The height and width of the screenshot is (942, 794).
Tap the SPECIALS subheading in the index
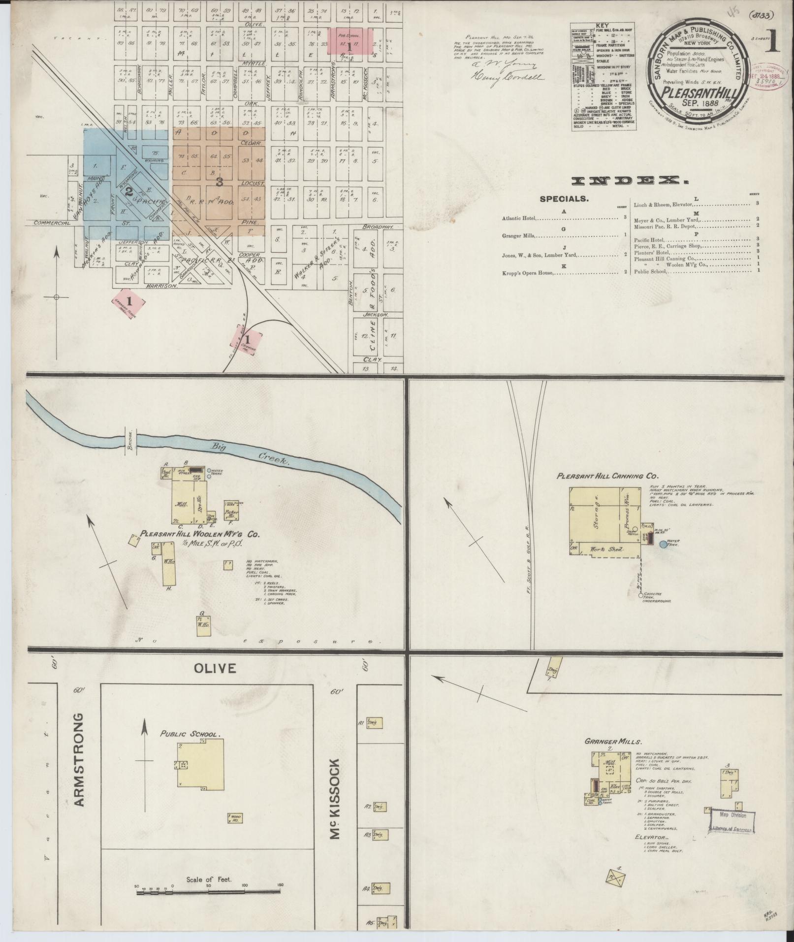click(x=564, y=199)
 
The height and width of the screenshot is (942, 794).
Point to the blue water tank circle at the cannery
click(x=663, y=544)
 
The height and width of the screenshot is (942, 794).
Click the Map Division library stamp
click(x=732, y=820)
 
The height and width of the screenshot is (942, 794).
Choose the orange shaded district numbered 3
click(x=219, y=181)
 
